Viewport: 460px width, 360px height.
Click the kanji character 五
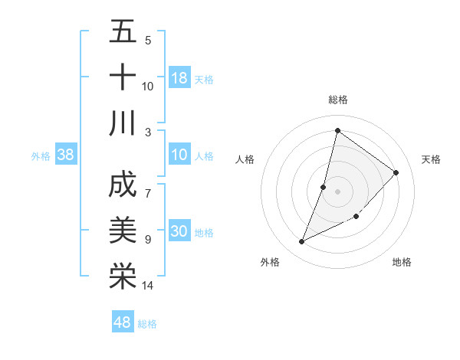click(x=123, y=31)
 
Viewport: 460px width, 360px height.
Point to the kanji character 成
click(x=123, y=185)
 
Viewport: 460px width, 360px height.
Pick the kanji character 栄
click(x=123, y=276)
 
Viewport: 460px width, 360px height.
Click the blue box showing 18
click(x=179, y=78)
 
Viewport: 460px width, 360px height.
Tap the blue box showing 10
click(x=179, y=155)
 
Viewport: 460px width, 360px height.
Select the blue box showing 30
click(x=179, y=232)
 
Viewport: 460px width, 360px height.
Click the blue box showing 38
click(x=66, y=155)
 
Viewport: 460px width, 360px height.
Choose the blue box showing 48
click(x=123, y=322)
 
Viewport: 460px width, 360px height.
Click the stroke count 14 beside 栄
click(x=148, y=286)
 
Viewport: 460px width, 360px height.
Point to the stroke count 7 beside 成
click(x=147, y=185)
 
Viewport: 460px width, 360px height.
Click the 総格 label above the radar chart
click(x=337, y=100)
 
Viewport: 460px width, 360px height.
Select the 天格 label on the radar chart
click(x=431, y=159)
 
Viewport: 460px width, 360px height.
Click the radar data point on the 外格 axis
click(x=301, y=242)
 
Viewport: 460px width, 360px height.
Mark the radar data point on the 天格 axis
click(x=396, y=172)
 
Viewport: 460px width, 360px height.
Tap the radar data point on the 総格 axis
click(x=337, y=130)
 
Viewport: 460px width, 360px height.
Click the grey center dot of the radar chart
click(x=337, y=191)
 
